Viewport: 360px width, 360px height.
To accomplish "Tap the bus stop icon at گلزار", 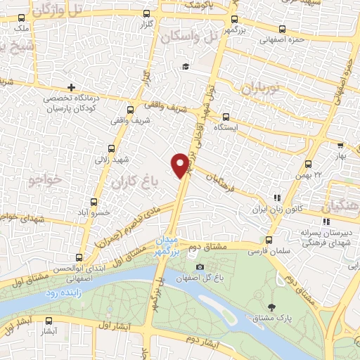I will coord(147,14).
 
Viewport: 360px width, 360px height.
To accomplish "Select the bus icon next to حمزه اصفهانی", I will coord(283,29).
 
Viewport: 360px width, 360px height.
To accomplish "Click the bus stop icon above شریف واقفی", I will coord(130,110).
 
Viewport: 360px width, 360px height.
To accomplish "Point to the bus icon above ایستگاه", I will coord(226,117).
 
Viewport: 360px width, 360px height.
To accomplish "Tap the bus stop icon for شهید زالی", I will coord(112,148).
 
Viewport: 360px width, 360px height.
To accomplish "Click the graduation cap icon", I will coord(186,66).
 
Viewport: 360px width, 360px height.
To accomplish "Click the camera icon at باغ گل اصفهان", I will coord(200,267).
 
